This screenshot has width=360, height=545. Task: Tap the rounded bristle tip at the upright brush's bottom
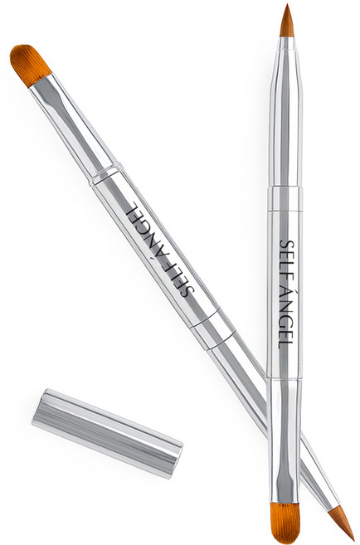pos(285,523)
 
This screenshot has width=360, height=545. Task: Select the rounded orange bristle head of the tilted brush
pos(30,65)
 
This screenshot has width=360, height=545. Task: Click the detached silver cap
pos(107,432)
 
